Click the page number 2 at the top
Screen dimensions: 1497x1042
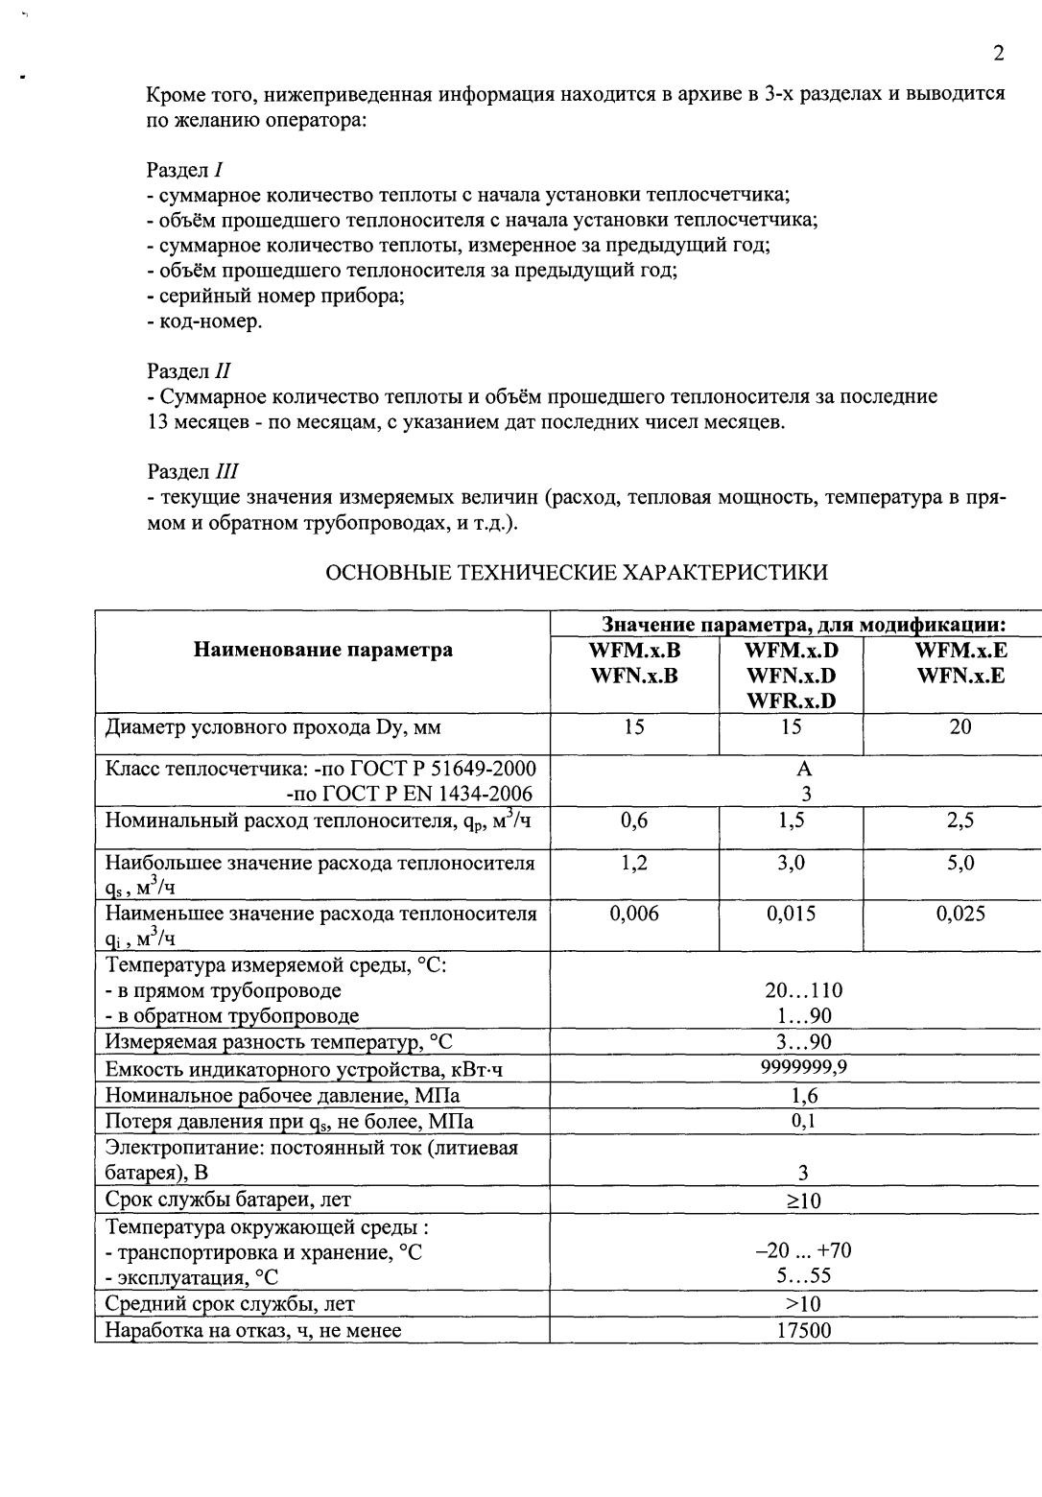[x=999, y=53]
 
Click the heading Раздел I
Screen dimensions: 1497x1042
[x=185, y=170]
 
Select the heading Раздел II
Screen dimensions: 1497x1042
[x=189, y=370]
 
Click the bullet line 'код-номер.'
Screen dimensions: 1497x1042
[x=204, y=321]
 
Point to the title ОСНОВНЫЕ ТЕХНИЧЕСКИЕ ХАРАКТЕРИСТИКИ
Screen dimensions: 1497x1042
[x=577, y=573]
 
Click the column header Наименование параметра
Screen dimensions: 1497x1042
[x=323, y=651]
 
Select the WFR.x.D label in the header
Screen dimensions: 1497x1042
[x=791, y=701]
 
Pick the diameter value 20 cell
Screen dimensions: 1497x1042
[x=960, y=726]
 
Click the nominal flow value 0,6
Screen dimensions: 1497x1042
[x=634, y=820]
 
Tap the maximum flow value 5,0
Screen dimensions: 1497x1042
[x=960, y=863]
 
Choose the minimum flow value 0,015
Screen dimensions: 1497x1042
[x=791, y=914]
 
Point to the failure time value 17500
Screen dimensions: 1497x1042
[x=804, y=1330]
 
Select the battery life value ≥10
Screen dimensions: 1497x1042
[x=804, y=1200]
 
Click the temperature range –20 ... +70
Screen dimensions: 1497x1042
[x=804, y=1250]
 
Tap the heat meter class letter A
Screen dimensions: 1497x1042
[x=804, y=769]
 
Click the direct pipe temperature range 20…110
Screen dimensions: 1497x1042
[x=804, y=990]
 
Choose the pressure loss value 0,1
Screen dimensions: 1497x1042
[x=804, y=1120]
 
